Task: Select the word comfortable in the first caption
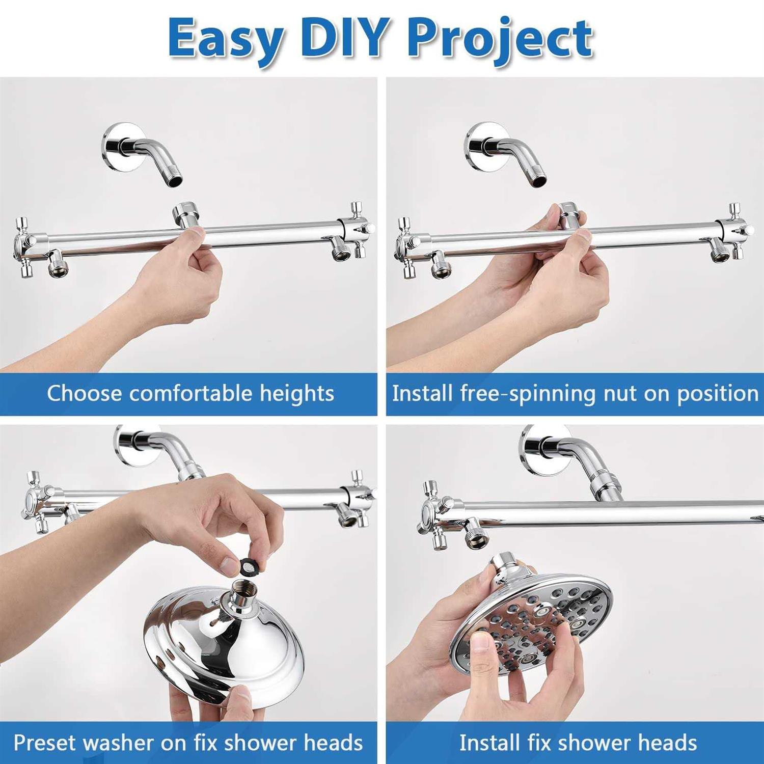click(190, 394)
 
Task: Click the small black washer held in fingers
click(249, 565)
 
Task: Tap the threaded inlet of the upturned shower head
click(239, 595)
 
